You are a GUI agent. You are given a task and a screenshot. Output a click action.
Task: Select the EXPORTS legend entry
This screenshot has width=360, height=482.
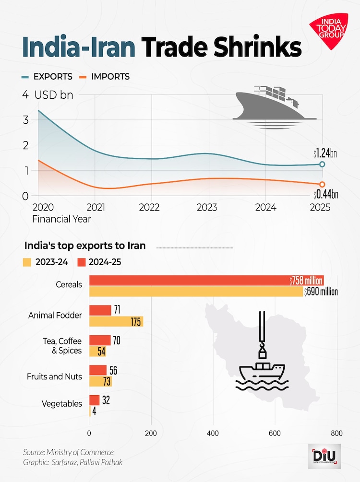pyautogui.click(x=47, y=77)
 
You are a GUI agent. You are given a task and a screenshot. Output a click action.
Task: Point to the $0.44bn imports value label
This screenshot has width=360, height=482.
pyautogui.click(x=325, y=194)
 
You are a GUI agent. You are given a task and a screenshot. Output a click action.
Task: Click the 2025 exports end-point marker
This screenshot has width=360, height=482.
pyautogui.click(x=322, y=165)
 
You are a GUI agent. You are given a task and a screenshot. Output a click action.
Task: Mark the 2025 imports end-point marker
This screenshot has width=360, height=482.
pyautogui.click(x=322, y=184)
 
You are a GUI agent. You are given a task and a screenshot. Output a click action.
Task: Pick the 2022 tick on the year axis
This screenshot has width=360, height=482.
pyautogui.click(x=152, y=208)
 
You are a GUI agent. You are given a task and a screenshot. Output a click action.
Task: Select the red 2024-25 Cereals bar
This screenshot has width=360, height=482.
pyautogui.click(x=206, y=281)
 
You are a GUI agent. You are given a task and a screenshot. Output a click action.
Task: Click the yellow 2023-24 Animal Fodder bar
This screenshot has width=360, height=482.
pyautogui.click(x=116, y=321)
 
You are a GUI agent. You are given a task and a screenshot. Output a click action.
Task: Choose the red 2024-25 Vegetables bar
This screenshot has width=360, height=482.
pyautogui.click(x=95, y=400)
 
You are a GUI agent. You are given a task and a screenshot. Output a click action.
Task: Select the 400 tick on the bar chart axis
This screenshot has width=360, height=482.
pyautogui.click(x=213, y=434)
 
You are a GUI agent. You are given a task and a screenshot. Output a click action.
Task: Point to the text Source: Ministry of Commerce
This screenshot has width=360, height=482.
pyautogui.click(x=68, y=452)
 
